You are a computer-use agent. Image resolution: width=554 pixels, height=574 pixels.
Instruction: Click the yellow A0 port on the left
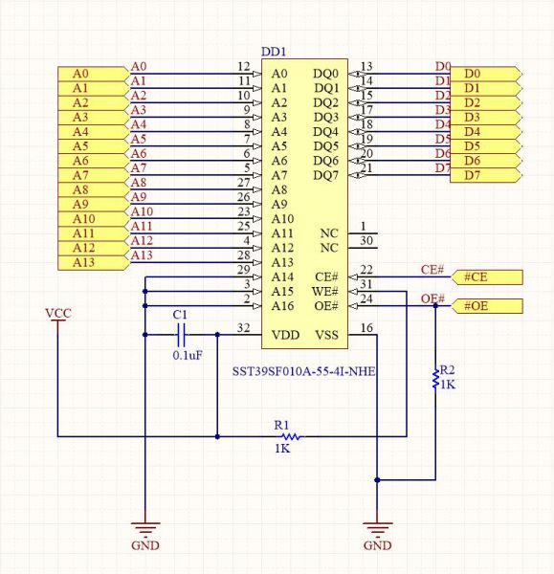[x=94, y=74]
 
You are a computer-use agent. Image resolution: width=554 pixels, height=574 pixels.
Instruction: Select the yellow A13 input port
[x=94, y=263]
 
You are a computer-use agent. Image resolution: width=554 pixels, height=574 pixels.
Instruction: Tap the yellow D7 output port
[x=485, y=175]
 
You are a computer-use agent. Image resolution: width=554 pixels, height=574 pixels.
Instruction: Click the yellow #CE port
[x=487, y=277]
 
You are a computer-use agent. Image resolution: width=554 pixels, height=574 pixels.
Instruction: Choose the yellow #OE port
[x=487, y=306]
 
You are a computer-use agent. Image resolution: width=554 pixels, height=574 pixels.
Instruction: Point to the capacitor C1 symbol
[x=181, y=335]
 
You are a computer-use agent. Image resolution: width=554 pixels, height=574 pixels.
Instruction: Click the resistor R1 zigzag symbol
[x=292, y=436]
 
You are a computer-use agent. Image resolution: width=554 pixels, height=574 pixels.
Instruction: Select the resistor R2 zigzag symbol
[x=435, y=379]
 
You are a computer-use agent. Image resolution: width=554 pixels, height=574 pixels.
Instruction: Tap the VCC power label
[x=57, y=314]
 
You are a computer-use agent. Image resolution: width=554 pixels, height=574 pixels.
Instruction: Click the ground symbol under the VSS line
[x=377, y=528]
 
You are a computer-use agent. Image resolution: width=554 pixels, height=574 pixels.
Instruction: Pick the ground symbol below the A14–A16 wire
[x=145, y=528]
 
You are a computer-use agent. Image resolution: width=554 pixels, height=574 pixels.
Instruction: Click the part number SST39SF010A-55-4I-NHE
[x=304, y=371]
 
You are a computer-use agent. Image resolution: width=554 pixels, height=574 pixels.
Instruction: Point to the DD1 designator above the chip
[x=274, y=52]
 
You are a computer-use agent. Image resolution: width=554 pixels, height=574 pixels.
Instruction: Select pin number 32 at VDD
[x=243, y=327]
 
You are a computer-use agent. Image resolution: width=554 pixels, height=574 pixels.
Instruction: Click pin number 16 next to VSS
[x=366, y=327]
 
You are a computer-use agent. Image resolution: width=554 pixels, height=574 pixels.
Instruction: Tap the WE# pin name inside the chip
[x=324, y=292]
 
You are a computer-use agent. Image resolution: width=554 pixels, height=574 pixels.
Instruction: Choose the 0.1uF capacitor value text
[x=188, y=355]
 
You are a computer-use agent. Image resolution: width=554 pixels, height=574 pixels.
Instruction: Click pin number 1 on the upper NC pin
[x=363, y=226]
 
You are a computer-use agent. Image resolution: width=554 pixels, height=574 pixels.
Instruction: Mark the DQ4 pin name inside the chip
[x=326, y=132]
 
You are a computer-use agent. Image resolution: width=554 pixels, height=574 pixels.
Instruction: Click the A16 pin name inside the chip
[x=282, y=306]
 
